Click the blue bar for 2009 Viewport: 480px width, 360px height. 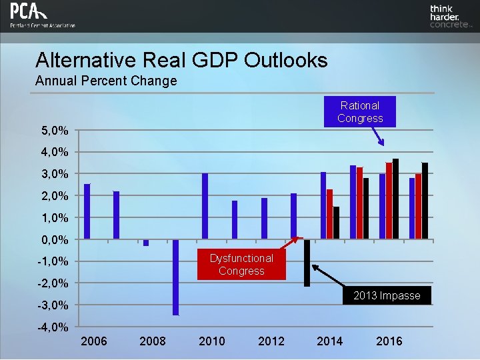click(175, 277)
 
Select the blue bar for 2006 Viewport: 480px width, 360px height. click(87, 211)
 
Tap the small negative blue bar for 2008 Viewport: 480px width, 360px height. click(146, 243)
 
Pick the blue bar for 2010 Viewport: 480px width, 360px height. click(205, 206)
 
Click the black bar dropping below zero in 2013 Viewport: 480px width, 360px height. click(307, 263)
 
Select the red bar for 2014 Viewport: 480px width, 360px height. click(329, 214)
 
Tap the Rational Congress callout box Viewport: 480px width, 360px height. click(360, 112)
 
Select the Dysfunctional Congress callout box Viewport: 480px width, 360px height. click(241, 265)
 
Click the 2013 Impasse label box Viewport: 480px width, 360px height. click(387, 295)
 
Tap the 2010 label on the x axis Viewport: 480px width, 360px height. click(212, 341)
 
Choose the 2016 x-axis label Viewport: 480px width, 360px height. click(389, 341)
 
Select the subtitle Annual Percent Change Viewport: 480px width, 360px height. click(106, 81)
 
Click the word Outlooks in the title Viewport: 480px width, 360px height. click(285, 61)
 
